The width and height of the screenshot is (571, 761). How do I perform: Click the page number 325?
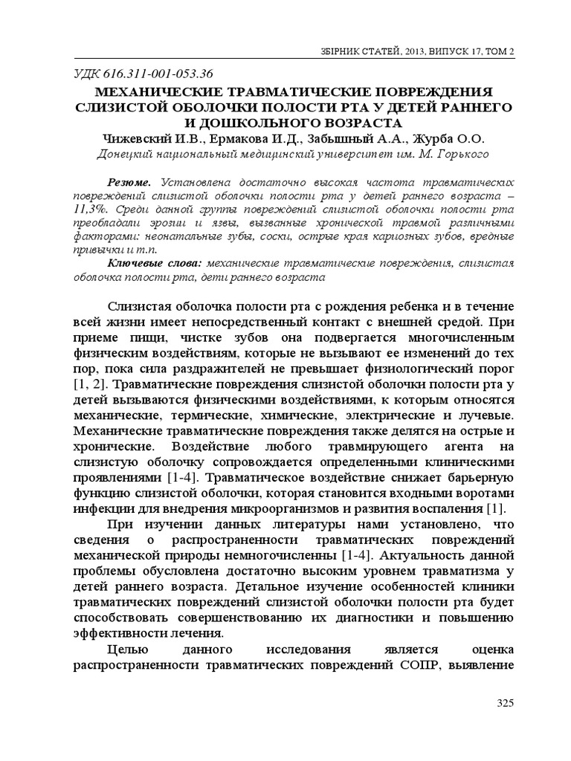click(505, 704)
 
